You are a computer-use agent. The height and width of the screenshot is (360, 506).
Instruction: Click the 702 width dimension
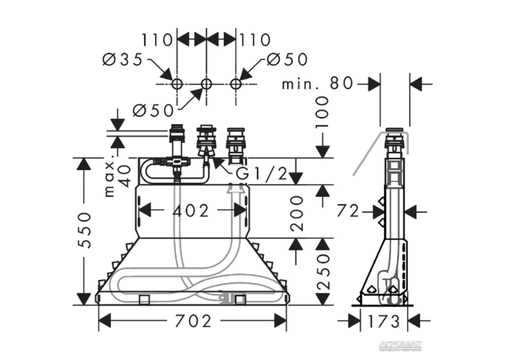(193, 321)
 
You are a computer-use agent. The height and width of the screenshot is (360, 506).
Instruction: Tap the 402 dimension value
(190, 211)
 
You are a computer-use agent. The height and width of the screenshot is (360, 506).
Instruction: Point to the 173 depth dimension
(384, 321)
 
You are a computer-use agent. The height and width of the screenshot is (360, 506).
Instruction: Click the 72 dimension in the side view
(348, 211)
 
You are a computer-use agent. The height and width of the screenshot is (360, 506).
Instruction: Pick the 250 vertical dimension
(324, 271)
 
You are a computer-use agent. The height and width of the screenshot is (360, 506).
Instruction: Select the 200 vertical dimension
(297, 213)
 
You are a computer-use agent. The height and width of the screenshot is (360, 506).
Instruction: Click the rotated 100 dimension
(322, 112)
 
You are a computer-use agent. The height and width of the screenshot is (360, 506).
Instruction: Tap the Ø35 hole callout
(123, 59)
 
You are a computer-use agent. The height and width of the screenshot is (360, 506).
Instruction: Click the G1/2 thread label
(262, 174)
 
